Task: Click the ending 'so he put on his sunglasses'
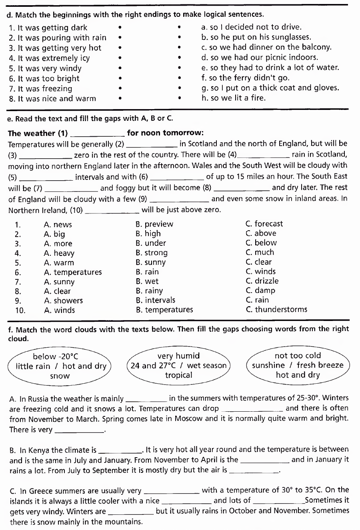coord(256,37)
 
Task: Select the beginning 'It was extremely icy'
coord(49,58)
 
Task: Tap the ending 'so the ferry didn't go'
coord(245,78)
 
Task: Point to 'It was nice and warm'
coord(52,98)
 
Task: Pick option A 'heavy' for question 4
coord(59,253)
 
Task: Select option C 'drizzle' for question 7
coord(262,281)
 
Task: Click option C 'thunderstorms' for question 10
coord(277,309)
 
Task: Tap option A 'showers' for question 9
coord(63,301)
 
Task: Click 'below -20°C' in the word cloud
coord(55,357)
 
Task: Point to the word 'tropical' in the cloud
coord(179,375)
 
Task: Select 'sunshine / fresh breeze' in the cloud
coord(298,365)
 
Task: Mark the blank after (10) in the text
coord(113,210)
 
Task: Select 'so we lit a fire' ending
coord(233,98)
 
